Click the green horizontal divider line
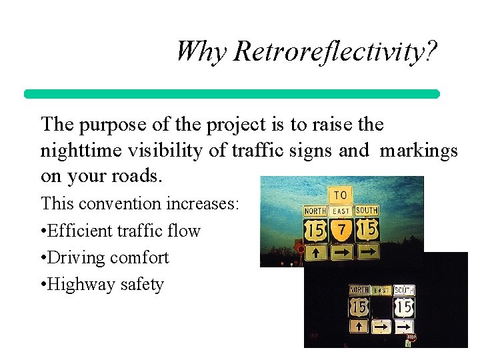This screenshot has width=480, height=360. pos(232,94)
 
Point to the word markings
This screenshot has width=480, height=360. pos(419,151)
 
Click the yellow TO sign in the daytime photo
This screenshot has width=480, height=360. pos(340,195)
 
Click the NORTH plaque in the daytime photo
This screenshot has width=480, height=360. pos(315,211)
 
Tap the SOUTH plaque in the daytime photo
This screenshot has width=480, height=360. pos(367,211)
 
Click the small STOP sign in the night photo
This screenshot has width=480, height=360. pos(411,337)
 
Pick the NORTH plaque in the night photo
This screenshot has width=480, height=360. pos(359,290)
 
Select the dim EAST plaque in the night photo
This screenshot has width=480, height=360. pos(381,291)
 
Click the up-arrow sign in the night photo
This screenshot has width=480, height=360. pos(359,326)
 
